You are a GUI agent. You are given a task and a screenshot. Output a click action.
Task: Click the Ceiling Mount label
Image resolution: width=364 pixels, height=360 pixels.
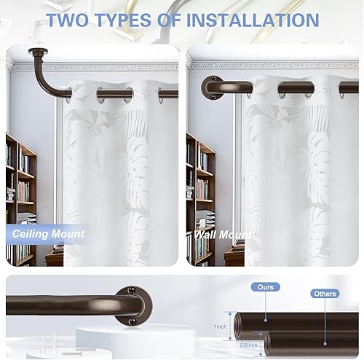click(x=48, y=234)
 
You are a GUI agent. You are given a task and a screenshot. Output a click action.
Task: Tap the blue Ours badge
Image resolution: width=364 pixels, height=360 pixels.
click(x=266, y=287)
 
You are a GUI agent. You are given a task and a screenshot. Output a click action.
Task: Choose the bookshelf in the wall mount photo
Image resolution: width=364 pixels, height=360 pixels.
click(x=199, y=197)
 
